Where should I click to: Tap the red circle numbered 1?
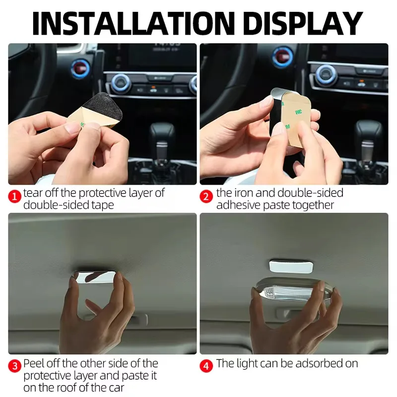pos(14,197)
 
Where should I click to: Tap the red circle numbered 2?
pos(206,197)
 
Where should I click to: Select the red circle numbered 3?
pos(14,366)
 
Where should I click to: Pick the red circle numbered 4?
pos(206,366)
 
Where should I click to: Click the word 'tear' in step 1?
pos(32,193)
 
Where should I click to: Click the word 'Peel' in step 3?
pos(34,364)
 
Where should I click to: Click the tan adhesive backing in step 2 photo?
pos(296,119)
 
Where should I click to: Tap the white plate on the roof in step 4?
pos(291,266)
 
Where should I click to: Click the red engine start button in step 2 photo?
pos(283,57)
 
